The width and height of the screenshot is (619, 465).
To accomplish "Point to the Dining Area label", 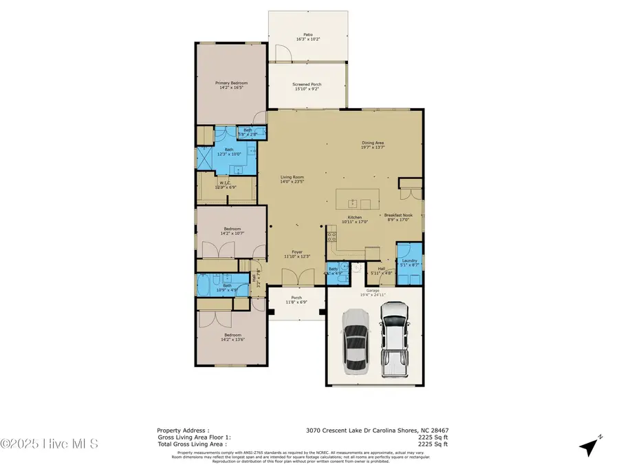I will point(373,145).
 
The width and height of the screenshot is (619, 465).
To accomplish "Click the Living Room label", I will point(292,179).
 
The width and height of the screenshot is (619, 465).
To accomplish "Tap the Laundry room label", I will point(410,262).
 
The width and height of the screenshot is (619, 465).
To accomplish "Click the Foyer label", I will point(297,254).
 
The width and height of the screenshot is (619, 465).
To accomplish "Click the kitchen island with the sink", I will point(357,201).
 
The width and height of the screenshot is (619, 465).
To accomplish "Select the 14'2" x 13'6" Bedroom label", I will point(231,338).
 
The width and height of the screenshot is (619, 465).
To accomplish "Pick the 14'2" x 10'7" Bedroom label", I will point(231,231).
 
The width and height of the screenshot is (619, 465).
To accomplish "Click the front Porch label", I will point(297,300).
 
